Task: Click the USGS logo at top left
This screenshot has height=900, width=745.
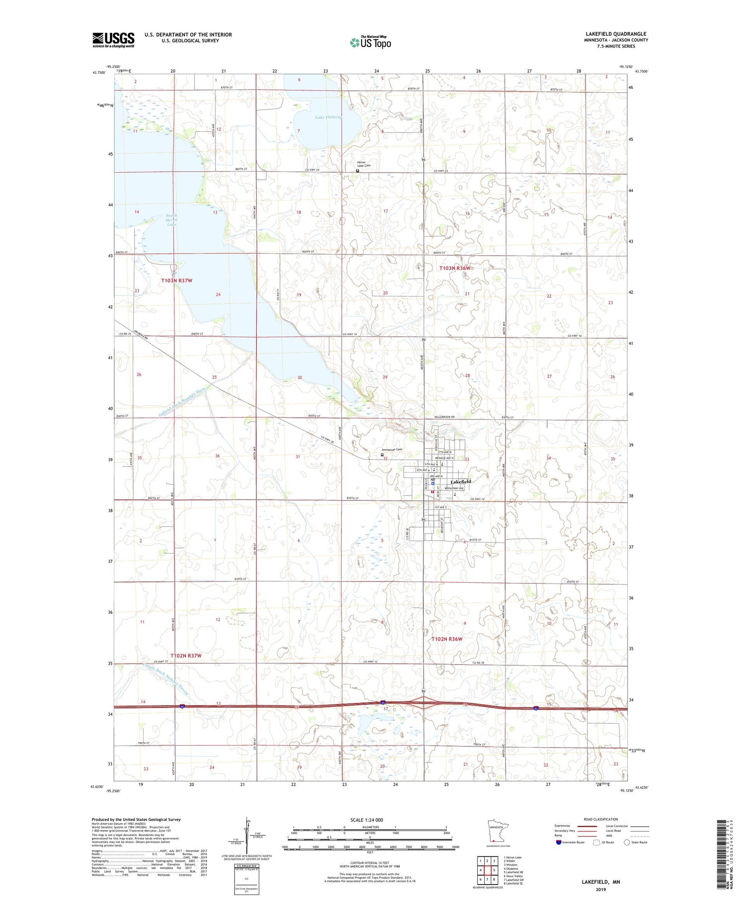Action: [113, 40]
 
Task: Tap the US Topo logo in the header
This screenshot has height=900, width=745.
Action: [371, 43]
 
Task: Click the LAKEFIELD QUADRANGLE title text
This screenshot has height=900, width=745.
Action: [615, 34]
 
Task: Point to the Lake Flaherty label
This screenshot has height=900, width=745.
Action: [328, 117]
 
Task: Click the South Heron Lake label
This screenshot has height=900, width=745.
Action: [171, 220]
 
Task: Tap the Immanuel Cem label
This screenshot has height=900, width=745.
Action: [391, 450]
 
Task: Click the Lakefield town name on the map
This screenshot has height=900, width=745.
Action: [460, 482]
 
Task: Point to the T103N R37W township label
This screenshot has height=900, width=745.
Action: [176, 280]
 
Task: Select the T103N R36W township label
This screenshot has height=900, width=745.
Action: [454, 268]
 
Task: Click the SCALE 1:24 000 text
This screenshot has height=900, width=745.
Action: [367, 820]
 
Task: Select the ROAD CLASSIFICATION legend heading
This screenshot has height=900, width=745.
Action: [600, 819]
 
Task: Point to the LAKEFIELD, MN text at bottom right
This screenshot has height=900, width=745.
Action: [600, 882]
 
